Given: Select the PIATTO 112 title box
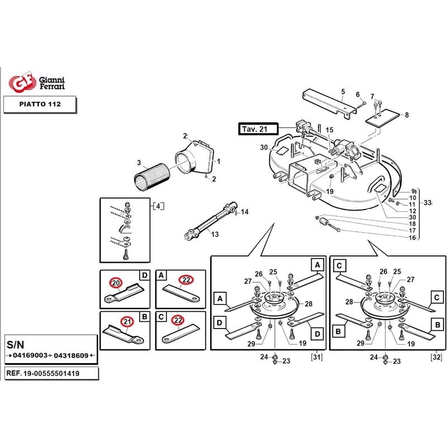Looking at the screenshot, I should tap(40, 104).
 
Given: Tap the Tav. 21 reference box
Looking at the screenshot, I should tap(255, 129).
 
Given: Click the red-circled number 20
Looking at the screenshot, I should tap(116, 283).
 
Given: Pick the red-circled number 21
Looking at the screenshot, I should tap(127, 322).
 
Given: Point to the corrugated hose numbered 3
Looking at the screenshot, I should tap(152, 178).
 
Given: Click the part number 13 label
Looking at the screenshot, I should tap(215, 234).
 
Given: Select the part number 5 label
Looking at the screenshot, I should tap(343, 92).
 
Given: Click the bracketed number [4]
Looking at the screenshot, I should tap(158, 206).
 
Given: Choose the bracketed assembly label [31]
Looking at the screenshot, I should tap(316, 357).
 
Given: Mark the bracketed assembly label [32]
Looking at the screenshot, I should tap(436, 357).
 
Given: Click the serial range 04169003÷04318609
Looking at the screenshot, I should tap(50, 356).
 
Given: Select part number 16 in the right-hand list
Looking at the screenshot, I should tap(412, 237).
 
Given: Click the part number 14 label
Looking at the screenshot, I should tap(245, 212).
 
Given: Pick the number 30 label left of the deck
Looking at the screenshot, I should tap(264, 148).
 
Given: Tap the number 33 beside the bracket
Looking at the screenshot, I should tap(427, 202).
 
